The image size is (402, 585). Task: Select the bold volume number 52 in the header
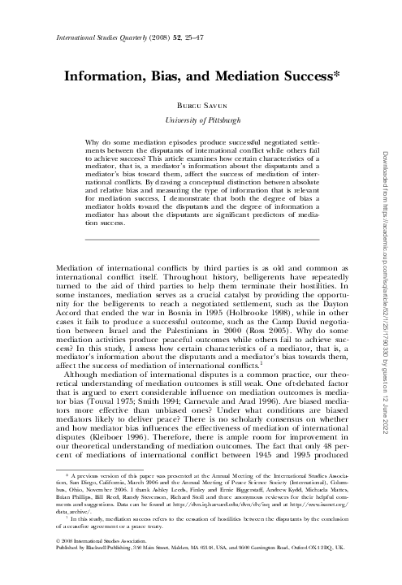[x=159, y=37]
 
